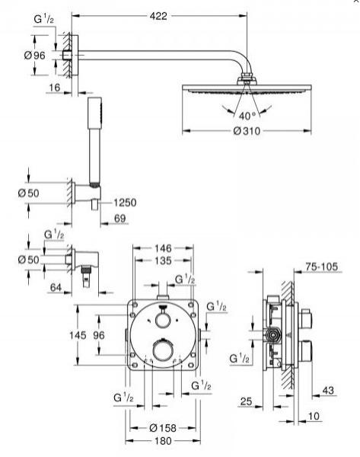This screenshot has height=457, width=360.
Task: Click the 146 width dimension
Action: pos(163,248)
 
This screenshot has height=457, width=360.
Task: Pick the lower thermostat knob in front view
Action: pos(161,350)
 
